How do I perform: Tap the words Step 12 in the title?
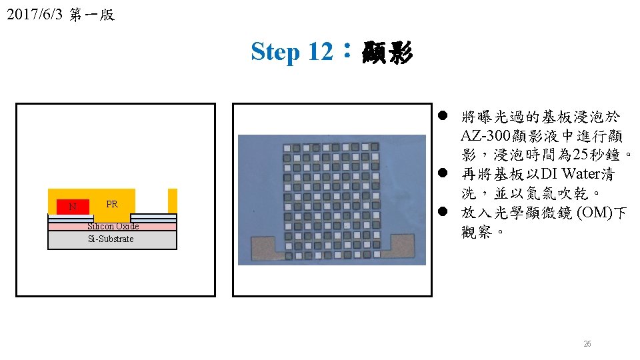pos(290,51)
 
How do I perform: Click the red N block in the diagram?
pos(72,207)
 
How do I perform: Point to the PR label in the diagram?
pos(112,204)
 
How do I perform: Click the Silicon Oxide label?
pos(113,226)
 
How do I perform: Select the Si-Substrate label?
pos(111,239)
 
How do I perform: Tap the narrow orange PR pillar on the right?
pos(173,200)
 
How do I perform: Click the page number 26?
pos(587,344)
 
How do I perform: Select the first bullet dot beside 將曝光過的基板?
pos(442,117)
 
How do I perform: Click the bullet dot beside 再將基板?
pos(442,175)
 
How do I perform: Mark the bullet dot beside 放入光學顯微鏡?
pos(442,213)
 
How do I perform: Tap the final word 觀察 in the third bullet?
pos(478,232)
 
